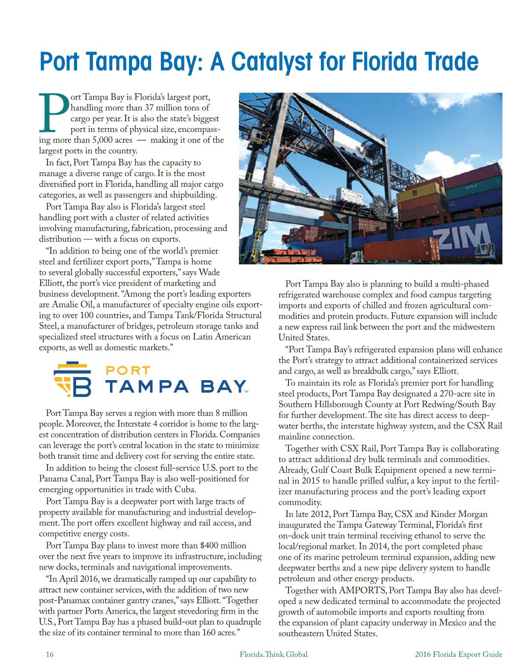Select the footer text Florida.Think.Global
(273, 654)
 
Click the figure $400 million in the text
(224, 545)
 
